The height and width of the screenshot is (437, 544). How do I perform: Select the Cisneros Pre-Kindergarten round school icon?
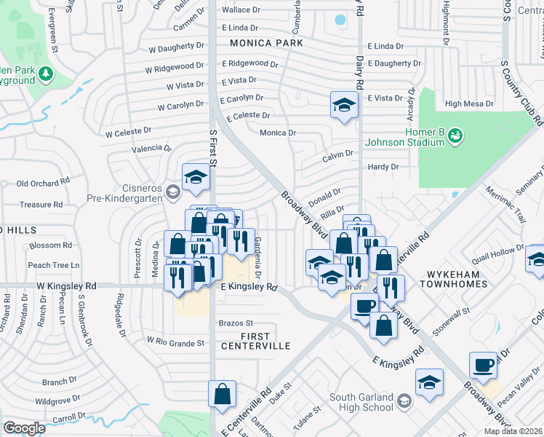click(172, 192)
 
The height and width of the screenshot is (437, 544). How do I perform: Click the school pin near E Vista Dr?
click(343, 106)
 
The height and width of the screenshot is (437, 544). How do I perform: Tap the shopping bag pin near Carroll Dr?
click(222, 394)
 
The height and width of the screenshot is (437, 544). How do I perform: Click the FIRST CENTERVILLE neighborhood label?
click(255, 341)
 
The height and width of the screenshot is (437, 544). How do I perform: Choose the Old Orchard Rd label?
click(43, 183)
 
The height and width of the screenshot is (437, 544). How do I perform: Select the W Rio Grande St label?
click(175, 341)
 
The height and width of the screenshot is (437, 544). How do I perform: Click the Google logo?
click(24, 428)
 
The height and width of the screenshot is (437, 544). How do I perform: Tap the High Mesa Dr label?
click(469, 103)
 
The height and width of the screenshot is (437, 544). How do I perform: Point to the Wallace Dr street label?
click(241, 10)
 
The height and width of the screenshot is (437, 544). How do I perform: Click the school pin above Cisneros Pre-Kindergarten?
click(196, 178)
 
